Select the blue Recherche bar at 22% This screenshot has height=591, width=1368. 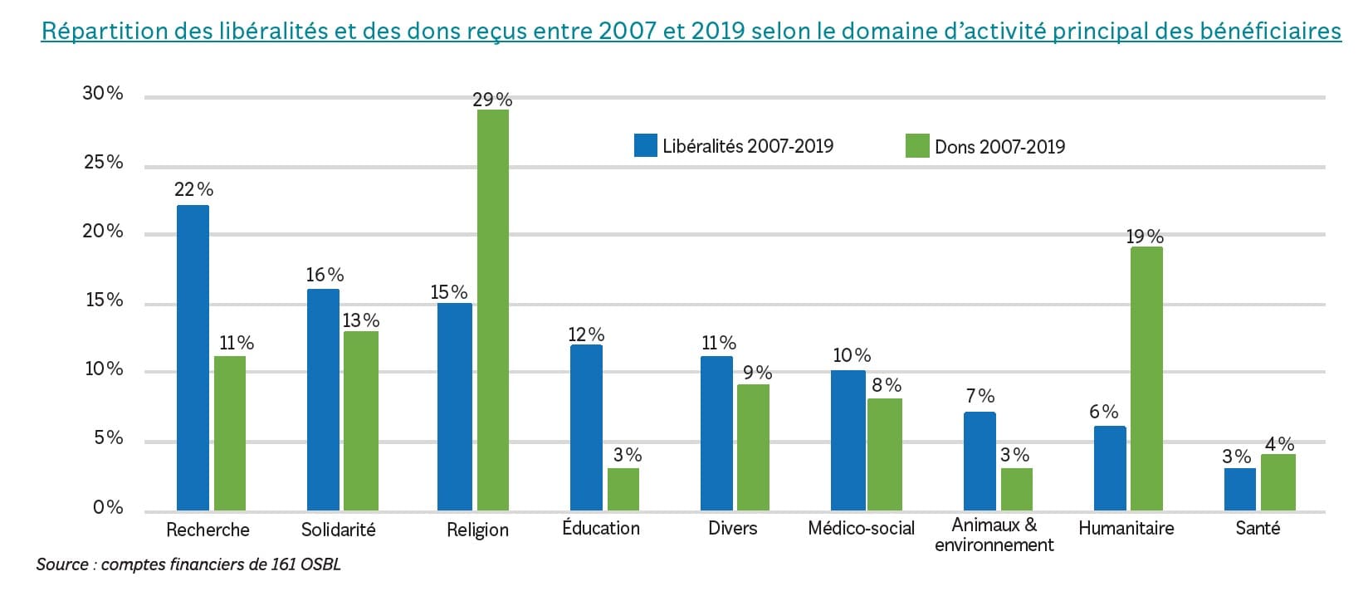click(x=193, y=358)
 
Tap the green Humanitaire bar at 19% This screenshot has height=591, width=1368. click(x=1146, y=379)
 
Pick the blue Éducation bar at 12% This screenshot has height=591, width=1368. click(x=586, y=427)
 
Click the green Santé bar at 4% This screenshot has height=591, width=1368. click(x=1278, y=482)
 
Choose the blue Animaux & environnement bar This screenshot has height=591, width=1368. click(x=980, y=462)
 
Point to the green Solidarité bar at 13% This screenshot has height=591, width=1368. click(x=361, y=421)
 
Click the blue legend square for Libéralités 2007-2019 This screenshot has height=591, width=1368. click(x=645, y=146)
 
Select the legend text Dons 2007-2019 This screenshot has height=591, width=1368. click(x=999, y=147)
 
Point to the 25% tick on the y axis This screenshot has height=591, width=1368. click(x=104, y=162)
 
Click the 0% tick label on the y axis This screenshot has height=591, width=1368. click(x=108, y=507)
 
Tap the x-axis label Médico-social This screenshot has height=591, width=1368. click(x=861, y=528)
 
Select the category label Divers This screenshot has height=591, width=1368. click(x=732, y=528)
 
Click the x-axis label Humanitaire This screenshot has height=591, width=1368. click(x=1126, y=528)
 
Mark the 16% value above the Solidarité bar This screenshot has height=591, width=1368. click(x=325, y=275)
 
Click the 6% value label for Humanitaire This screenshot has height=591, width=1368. click(x=1103, y=412)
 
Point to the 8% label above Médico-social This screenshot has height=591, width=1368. click(x=886, y=385)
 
